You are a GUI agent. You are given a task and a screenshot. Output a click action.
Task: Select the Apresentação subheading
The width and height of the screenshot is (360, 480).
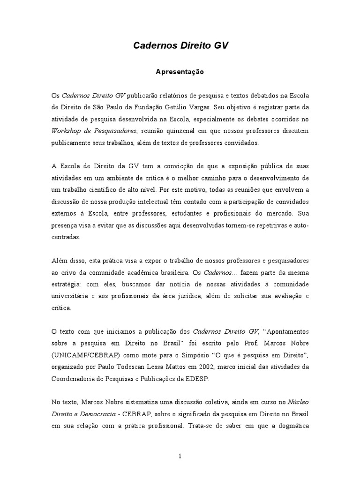[x=180, y=72]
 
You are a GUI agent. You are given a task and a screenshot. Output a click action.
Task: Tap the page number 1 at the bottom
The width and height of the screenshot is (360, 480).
[x=180, y=457]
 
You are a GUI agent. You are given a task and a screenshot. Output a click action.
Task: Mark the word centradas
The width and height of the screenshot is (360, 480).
[x=66, y=237]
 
